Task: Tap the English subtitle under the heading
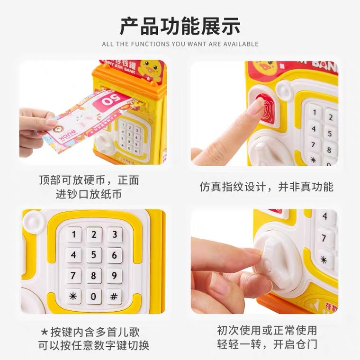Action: (180, 44)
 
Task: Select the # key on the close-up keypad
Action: (114, 297)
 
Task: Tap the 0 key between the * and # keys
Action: (94, 297)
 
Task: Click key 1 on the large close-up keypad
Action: (74, 234)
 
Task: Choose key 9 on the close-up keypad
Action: (114, 276)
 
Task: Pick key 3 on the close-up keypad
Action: (114, 234)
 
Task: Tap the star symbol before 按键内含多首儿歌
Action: (44, 331)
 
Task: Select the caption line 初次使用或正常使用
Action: (267, 330)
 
